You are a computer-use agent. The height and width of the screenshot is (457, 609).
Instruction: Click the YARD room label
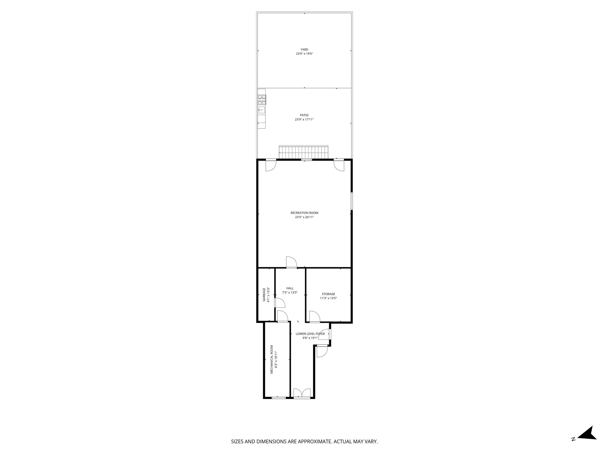304,49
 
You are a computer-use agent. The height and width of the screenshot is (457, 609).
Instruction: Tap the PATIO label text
304,115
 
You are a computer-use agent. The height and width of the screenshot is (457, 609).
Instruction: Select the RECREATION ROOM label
304,213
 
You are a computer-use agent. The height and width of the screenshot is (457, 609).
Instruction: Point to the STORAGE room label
328,294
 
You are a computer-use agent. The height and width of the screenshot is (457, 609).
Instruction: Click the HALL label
290,288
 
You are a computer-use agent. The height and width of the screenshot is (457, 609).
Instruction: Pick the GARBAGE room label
264,295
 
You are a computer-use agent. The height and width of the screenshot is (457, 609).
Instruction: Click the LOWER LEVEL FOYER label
310,334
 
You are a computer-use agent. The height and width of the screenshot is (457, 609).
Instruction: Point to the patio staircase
303,152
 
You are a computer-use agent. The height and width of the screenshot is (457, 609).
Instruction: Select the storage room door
314,316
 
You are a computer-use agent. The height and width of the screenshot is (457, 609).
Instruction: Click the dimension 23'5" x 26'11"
304,217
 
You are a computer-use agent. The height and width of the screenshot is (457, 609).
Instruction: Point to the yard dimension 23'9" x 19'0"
304,54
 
